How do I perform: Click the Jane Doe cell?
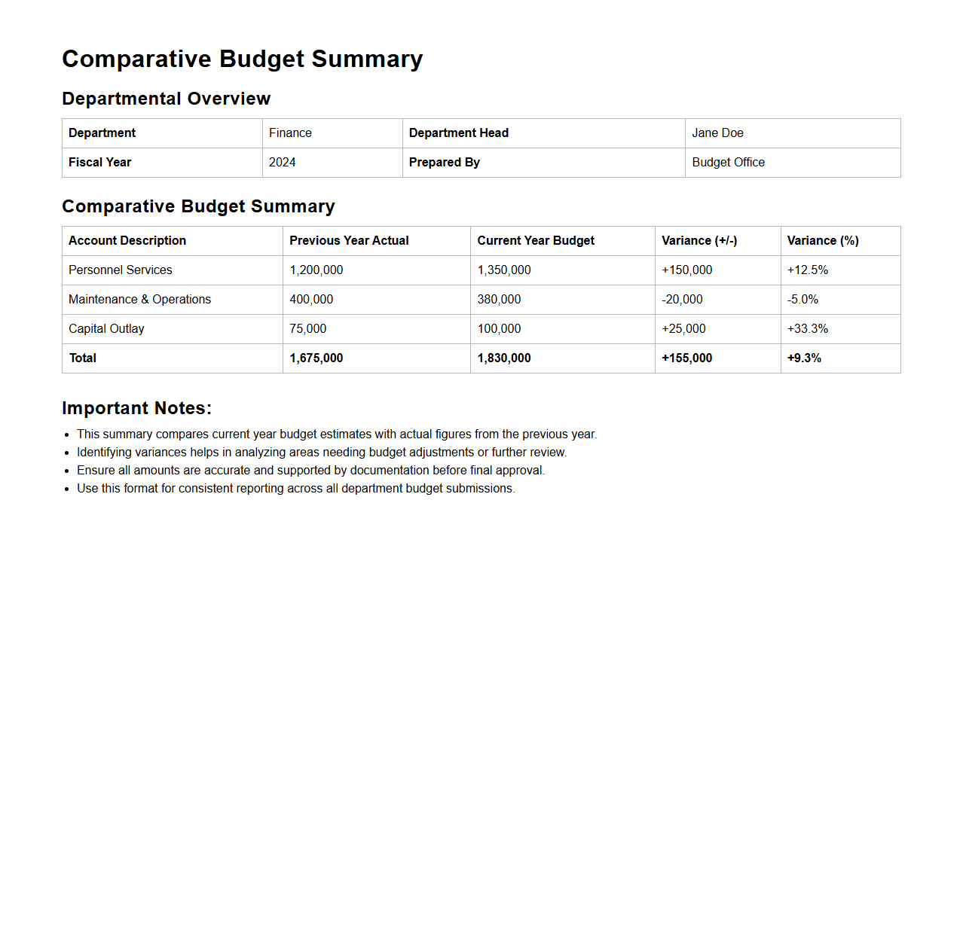coord(717,133)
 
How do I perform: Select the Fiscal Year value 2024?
coord(283,163)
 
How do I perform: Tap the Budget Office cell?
coord(728,163)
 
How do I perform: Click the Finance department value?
coord(290,133)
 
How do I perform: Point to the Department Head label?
coord(458,133)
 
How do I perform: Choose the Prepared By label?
coord(444,163)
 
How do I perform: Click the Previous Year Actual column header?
coord(349,241)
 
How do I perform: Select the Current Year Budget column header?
coord(536,241)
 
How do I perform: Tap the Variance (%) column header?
coord(823,241)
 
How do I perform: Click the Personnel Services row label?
coord(121,270)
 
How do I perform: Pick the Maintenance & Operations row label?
coord(139,300)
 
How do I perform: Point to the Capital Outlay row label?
coord(106,329)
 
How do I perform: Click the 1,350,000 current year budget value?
coord(504,270)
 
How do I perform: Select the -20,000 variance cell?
coord(682,300)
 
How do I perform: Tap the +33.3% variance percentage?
coord(807,329)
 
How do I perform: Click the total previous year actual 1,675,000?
coord(316,358)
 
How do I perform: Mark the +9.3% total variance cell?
coord(804,358)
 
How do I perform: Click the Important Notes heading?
coord(136,408)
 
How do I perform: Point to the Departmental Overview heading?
coord(166,99)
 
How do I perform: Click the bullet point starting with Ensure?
coord(310,471)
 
